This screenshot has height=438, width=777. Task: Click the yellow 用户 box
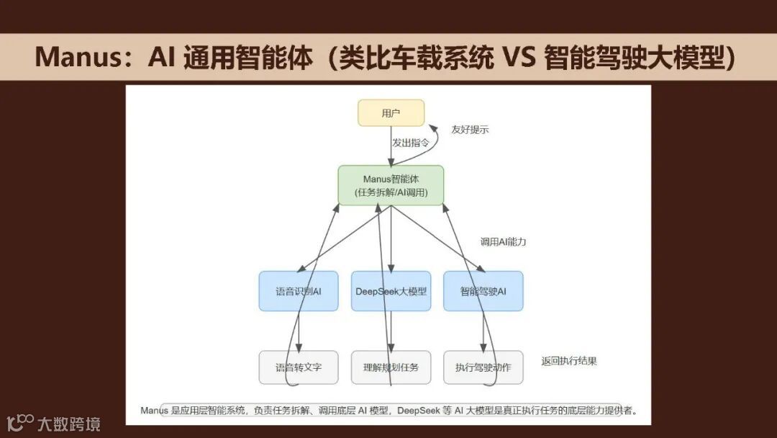pyautogui.click(x=391, y=112)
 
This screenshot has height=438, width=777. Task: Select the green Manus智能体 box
pyautogui.click(x=391, y=185)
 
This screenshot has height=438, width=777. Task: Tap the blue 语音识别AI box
pyautogui.click(x=298, y=291)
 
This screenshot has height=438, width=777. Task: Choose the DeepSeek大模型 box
pyautogui.click(x=391, y=291)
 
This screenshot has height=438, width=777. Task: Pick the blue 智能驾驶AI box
pyautogui.click(x=483, y=291)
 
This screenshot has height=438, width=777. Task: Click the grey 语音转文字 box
pyautogui.click(x=298, y=367)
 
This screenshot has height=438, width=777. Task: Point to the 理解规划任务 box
pyautogui.click(x=391, y=367)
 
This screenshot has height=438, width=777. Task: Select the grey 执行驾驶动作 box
pyautogui.click(x=483, y=367)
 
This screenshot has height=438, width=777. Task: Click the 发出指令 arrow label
pyautogui.click(x=411, y=143)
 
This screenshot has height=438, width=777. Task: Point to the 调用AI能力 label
pyautogui.click(x=503, y=241)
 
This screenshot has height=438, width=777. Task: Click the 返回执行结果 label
pyautogui.click(x=569, y=361)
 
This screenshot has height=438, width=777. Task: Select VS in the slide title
pyautogui.click(x=516, y=57)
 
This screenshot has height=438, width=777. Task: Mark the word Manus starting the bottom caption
pyautogui.click(x=154, y=411)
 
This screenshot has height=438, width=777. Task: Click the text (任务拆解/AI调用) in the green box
pyautogui.click(x=391, y=193)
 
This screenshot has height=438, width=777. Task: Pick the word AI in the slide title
pyautogui.click(x=161, y=57)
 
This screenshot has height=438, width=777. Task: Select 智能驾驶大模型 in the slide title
pyautogui.click(x=633, y=57)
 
